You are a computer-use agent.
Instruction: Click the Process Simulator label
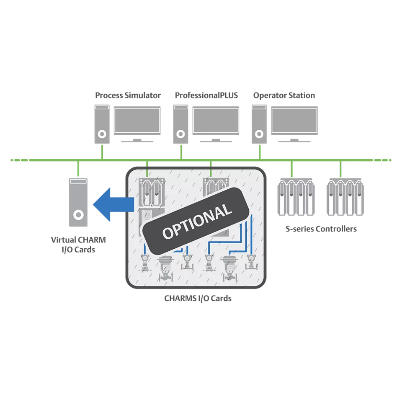[x=128, y=95]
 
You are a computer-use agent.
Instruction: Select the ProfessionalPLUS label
[x=206, y=95]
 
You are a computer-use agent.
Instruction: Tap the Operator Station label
[x=284, y=95]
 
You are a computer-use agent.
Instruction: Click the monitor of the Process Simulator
[x=137, y=121]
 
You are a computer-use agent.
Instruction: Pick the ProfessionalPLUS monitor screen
[x=216, y=121]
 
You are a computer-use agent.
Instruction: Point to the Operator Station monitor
[x=294, y=121]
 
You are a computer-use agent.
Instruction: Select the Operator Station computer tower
[x=259, y=124]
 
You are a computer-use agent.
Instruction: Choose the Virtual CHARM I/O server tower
[x=78, y=202]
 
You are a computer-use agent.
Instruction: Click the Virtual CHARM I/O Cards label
[x=78, y=245]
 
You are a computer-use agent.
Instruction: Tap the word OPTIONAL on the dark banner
[x=197, y=221]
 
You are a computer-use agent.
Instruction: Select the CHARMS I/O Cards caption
[x=198, y=299]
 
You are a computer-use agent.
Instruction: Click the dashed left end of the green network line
[x=19, y=160]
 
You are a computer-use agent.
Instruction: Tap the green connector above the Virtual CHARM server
[x=78, y=168]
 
